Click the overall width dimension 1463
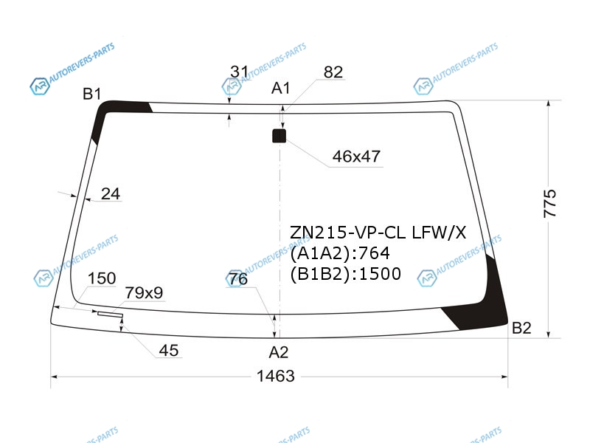(x=275, y=376)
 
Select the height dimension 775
(x=549, y=204)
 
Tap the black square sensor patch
(x=279, y=136)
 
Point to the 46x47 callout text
(x=356, y=157)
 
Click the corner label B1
(x=91, y=94)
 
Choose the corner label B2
(x=521, y=328)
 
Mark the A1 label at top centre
(x=281, y=88)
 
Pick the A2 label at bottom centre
(x=279, y=352)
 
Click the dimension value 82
(x=333, y=72)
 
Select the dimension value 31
(x=239, y=71)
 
